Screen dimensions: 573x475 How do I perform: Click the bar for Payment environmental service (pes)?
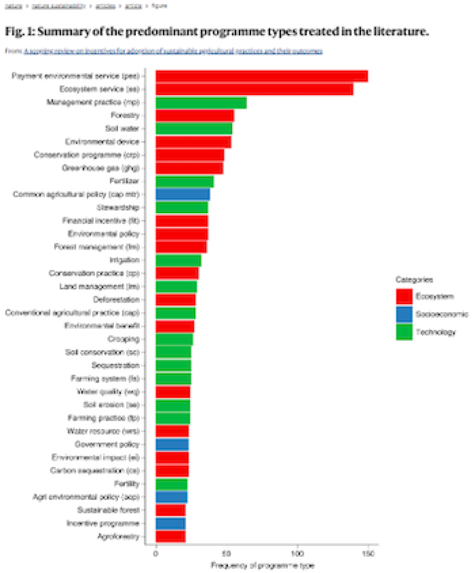pos(261,76)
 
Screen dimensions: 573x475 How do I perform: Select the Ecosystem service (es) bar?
pos(254,89)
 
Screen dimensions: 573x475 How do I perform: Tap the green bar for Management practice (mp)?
pos(201,103)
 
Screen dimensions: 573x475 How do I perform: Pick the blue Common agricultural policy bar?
pos(182,194)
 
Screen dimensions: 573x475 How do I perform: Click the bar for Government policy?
pos(172,444)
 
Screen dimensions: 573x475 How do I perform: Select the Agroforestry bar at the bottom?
pos(170,536)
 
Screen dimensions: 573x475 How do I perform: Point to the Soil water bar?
pos(194,128)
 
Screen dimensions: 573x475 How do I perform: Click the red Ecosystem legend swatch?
pos(404,296)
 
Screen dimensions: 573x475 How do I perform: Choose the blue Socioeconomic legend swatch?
pos(404,314)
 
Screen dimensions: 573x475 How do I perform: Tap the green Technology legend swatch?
pos(404,332)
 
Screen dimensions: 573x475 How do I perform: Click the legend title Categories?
pos(414,280)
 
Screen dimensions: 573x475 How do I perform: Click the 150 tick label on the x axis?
pos(368,554)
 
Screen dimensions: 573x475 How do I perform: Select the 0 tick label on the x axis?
pos(156,554)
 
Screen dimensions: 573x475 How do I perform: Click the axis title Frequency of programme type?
pos(262,566)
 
